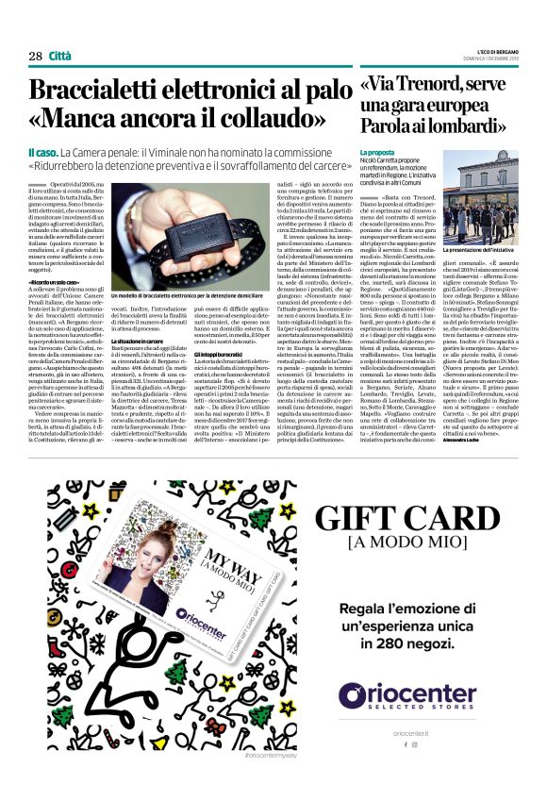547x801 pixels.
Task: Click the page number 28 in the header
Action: (35, 56)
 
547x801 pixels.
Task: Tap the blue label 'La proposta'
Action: (377, 151)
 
